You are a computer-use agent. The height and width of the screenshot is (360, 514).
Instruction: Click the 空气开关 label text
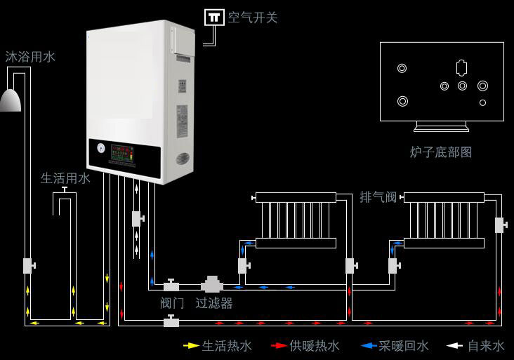click(x=253, y=18)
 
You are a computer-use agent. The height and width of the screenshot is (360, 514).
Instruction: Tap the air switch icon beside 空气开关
click(x=214, y=17)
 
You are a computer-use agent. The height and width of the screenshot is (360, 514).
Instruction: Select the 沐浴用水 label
click(x=30, y=57)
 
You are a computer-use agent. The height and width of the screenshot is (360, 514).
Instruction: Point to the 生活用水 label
click(x=65, y=178)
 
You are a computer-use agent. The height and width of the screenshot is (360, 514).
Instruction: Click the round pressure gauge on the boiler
click(x=101, y=149)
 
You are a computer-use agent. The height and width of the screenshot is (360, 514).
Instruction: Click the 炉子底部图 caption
click(x=441, y=152)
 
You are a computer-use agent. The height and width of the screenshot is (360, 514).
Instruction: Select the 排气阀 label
click(x=378, y=197)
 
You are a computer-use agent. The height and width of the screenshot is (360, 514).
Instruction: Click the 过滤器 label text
click(x=214, y=303)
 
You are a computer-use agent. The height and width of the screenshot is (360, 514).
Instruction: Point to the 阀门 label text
click(x=172, y=303)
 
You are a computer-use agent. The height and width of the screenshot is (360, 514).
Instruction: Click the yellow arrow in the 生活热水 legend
click(x=190, y=346)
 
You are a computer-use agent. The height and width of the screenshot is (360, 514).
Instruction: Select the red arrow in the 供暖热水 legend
click(x=279, y=346)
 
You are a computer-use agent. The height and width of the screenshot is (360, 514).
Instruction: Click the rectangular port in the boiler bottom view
click(x=461, y=69)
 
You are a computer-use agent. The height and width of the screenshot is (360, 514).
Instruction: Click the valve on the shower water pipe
click(x=29, y=266)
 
